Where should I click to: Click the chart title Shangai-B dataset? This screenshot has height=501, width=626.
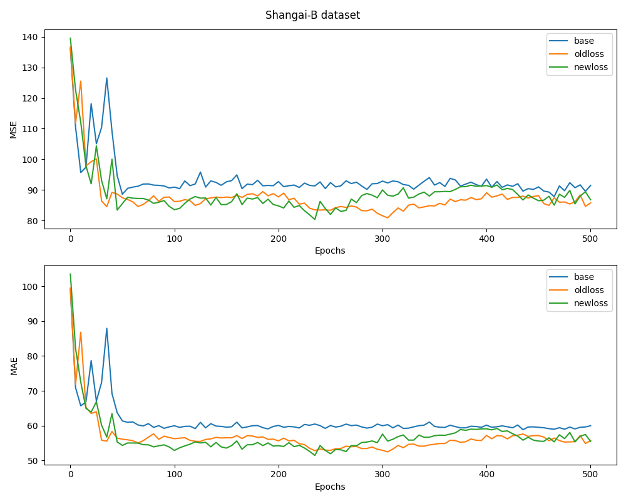click(x=312, y=15)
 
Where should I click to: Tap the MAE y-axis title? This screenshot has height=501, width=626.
click(x=14, y=365)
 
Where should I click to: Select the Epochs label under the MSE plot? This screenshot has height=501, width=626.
click(x=330, y=250)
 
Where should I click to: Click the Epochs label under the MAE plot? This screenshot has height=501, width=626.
click(x=330, y=487)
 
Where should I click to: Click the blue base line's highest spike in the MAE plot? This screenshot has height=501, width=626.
click(x=106, y=328)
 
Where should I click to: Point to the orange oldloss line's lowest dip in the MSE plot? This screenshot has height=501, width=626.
click(x=387, y=217)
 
